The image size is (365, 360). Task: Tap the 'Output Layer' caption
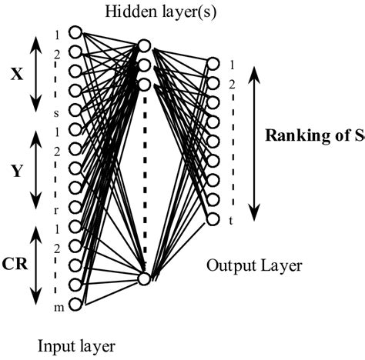point(254,266)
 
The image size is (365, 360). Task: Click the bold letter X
point(17,75)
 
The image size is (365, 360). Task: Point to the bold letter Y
point(16,172)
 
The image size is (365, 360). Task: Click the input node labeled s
point(75,110)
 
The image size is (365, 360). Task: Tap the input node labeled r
point(75,207)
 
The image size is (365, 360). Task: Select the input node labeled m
point(75,305)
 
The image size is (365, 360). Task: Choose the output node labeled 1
point(213,64)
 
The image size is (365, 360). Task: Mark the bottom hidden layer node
point(143,278)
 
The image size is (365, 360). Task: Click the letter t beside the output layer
point(230,221)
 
